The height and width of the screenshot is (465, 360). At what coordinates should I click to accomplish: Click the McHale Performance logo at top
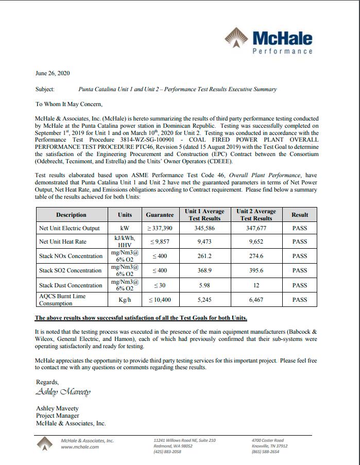pos(269,42)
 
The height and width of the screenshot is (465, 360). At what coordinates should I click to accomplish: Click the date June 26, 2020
pos(53,74)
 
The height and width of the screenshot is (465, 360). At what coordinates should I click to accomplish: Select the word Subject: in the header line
pos(45,89)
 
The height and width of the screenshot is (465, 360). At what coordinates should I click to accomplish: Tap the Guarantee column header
pos(160,215)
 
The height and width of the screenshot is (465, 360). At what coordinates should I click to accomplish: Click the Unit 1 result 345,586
pos(204,228)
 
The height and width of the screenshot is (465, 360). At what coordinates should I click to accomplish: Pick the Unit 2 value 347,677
pos(256,228)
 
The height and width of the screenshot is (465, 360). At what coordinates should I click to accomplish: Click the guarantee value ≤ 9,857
pos(160,242)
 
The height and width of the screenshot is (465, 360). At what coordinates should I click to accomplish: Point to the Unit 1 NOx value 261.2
pos(204,256)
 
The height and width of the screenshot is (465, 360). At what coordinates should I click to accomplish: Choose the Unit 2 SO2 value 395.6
pos(256,270)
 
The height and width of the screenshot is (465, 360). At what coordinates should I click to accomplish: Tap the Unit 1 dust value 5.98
pos(204,285)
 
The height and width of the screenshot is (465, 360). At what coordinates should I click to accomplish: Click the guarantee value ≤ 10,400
pos(160,299)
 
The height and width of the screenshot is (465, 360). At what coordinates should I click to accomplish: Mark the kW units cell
pos(125,228)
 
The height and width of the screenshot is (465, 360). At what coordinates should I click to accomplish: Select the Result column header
pos(300,215)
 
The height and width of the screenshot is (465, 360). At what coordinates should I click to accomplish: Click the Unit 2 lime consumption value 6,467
pos(256,299)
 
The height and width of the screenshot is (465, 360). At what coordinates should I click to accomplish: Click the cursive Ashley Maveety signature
pos(63,392)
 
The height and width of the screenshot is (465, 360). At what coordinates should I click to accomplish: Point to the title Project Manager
pos(58,416)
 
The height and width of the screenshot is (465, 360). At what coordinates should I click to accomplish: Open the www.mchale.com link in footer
pos(80,446)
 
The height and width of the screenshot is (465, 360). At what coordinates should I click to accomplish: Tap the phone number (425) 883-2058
pos(167,452)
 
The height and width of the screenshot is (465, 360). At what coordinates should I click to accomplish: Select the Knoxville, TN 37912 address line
pos(269,446)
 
